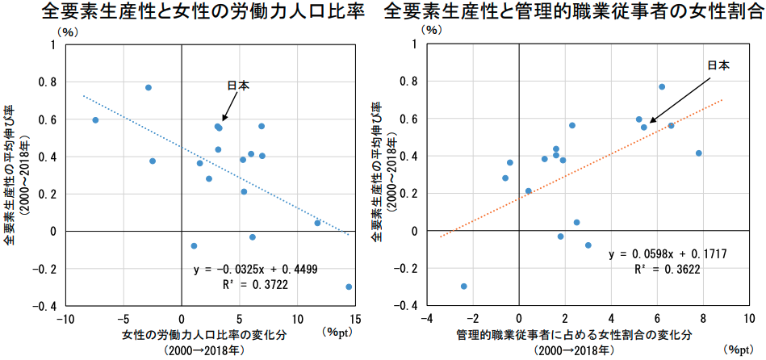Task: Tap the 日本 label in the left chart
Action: pos(237,86)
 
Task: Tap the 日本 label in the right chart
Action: pos(718,65)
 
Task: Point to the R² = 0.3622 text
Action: pos(668,269)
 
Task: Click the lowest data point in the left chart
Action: pos(349,287)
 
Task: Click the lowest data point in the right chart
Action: pos(463,287)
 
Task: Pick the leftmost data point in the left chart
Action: pos(95,120)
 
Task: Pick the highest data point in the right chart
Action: pos(662,86)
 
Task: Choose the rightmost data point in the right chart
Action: pos(699,153)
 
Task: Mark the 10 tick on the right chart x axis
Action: pos(749,319)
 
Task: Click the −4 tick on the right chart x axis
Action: pos(427,319)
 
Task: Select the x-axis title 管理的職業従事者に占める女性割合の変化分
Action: pos(574,334)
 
